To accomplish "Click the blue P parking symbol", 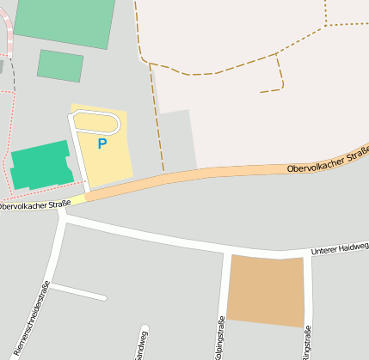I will point(102,144).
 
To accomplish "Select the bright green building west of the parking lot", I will point(39,164).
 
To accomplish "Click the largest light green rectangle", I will point(65,22).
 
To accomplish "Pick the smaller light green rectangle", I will point(60,65).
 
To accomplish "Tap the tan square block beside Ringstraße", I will point(266,290).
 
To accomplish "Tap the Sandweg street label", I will point(141,344).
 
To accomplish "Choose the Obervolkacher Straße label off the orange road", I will point(34,205).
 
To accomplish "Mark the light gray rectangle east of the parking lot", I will point(178,141).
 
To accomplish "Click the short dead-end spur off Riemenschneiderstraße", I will point(78,292).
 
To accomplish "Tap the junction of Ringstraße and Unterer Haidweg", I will point(307,255).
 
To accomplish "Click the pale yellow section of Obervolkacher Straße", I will point(77,199).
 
